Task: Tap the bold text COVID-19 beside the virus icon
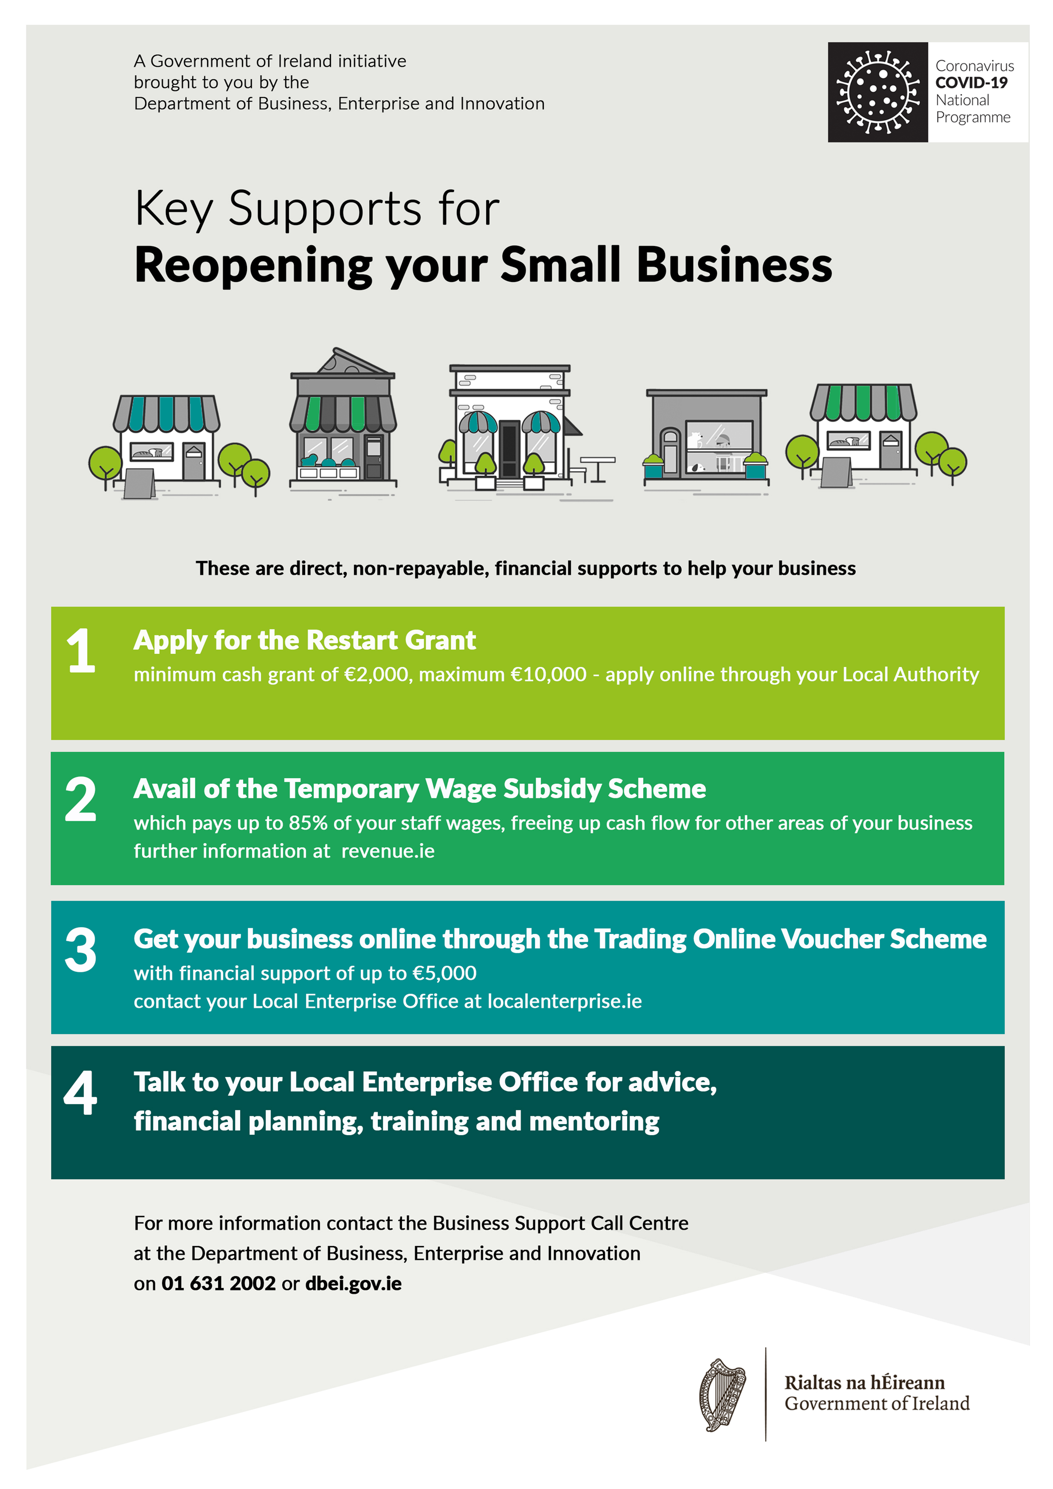point(971,82)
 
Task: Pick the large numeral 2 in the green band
point(81,799)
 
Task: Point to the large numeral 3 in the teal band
point(81,950)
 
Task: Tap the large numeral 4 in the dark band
point(81,1093)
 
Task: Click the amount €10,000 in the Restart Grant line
point(549,674)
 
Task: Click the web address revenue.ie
point(388,851)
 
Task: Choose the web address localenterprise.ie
point(565,1001)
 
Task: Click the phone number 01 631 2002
point(219,1283)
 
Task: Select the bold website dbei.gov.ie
point(354,1284)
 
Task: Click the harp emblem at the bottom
point(722,1395)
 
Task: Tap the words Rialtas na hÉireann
point(864,1383)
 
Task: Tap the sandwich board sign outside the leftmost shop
point(139,484)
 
